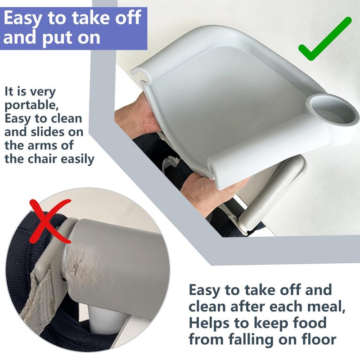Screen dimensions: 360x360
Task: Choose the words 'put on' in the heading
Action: pyautogui.click(x=72, y=37)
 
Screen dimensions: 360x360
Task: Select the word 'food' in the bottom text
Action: pyautogui.click(x=315, y=323)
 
